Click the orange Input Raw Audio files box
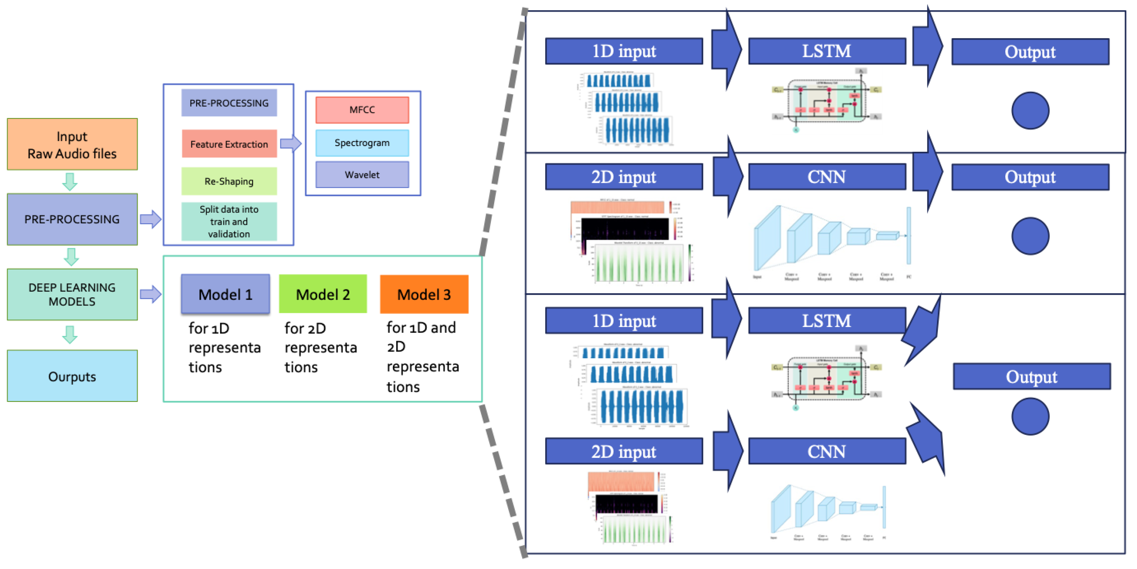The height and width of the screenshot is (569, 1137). pyautogui.click(x=72, y=144)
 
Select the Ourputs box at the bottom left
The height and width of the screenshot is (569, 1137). pyautogui.click(x=72, y=376)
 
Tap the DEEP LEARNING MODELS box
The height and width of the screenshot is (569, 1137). pyautogui.click(x=72, y=294)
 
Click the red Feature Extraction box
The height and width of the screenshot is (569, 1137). pyautogui.click(x=229, y=144)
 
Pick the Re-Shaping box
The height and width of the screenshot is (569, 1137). pyautogui.click(x=229, y=181)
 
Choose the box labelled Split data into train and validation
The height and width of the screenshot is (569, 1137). pyautogui.click(x=229, y=221)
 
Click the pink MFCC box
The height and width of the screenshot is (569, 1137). pyautogui.click(x=362, y=110)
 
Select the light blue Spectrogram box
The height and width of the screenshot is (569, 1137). pyautogui.click(x=362, y=143)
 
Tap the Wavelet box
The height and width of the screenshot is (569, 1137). pyautogui.click(x=362, y=175)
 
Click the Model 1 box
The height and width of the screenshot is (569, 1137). pyautogui.click(x=225, y=294)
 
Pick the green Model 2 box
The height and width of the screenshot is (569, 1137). pyautogui.click(x=322, y=294)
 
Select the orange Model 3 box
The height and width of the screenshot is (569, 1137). pyautogui.click(x=424, y=294)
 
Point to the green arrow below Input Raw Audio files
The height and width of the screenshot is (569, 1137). pyautogui.click(x=70, y=181)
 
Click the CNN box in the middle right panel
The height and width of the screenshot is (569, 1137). pyautogui.click(x=826, y=177)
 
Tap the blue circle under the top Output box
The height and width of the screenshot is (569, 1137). pyautogui.click(x=1030, y=111)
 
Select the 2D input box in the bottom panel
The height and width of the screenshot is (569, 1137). pyautogui.click(x=624, y=451)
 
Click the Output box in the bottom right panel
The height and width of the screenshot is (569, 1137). pyautogui.click(x=1031, y=376)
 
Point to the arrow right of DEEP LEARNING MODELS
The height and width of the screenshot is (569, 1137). pyautogui.click(x=150, y=294)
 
